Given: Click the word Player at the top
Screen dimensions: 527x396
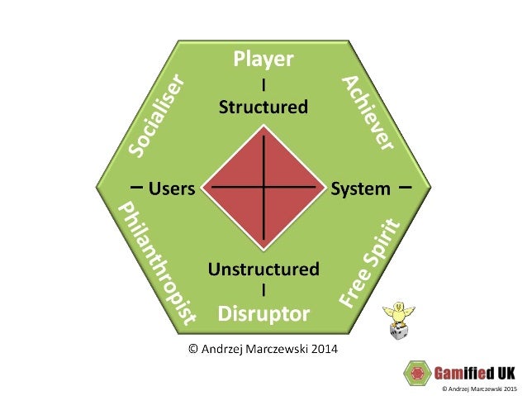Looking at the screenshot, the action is click(x=263, y=59).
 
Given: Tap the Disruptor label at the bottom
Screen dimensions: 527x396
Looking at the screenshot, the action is click(x=263, y=313).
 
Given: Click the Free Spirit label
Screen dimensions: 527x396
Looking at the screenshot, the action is click(x=368, y=262).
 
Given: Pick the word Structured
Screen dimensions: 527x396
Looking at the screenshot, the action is click(x=263, y=107).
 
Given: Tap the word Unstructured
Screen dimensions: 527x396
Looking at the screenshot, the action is click(x=263, y=269).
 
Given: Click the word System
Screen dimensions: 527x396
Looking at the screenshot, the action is click(x=360, y=188).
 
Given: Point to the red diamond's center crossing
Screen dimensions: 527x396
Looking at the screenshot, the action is click(x=263, y=188).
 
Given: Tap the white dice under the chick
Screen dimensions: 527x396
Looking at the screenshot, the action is click(x=399, y=332).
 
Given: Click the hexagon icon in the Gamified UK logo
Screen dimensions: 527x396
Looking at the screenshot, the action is click(x=415, y=371).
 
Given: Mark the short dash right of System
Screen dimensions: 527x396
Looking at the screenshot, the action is click(x=405, y=187).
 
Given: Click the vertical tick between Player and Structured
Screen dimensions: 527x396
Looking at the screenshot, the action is click(x=263, y=84).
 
